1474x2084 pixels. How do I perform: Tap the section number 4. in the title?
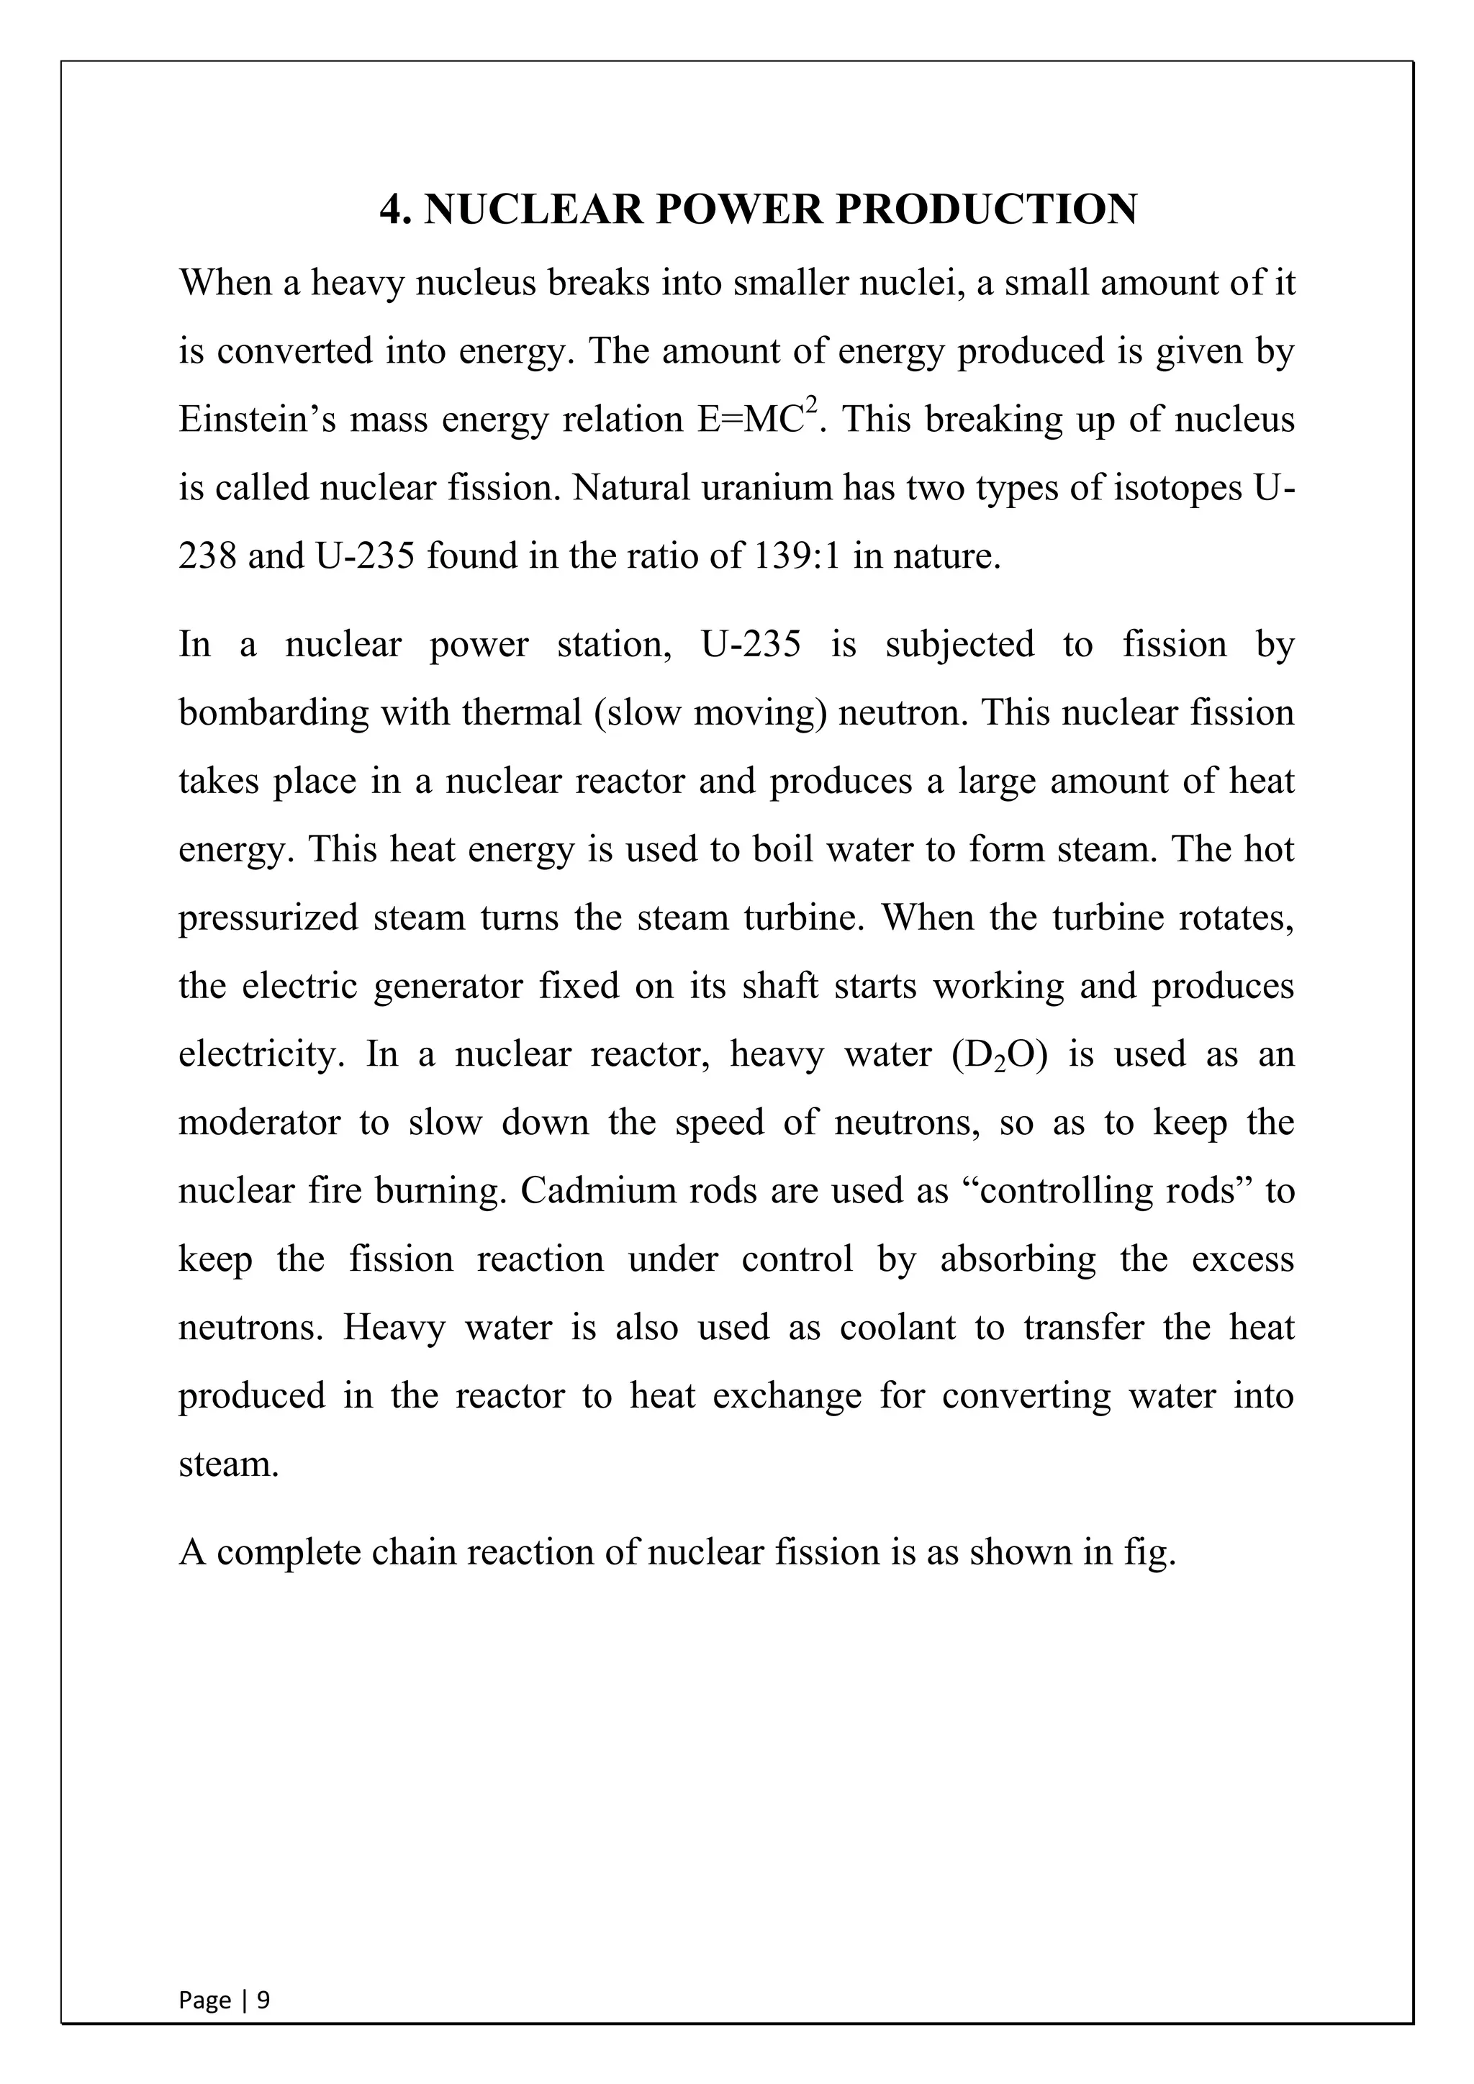[397, 209]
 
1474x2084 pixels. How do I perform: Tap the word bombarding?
[273, 712]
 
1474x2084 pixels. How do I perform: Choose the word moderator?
[258, 1123]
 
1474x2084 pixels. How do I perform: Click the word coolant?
[897, 1328]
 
